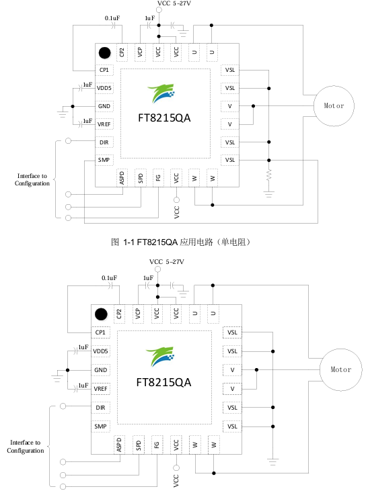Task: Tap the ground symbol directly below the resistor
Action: pos(269,193)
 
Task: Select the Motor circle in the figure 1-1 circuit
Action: pos(334,105)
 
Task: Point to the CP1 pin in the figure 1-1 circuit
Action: pos(104,70)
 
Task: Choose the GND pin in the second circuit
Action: pos(102,370)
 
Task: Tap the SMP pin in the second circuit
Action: pos(102,426)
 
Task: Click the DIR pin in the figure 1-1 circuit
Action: pos(104,142)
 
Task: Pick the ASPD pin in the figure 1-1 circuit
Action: pos(122,177)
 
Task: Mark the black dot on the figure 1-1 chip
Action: pos(104,53)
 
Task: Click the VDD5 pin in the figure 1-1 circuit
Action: pos(104,88)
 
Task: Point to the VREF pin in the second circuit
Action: pos(102,389)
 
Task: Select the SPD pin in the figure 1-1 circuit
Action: pos(140,177)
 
